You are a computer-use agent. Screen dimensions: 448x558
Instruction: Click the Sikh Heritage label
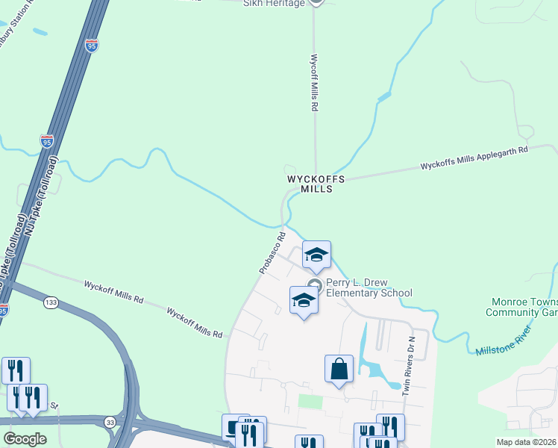point(275,4)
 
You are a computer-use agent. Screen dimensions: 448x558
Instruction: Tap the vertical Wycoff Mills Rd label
point(315,82)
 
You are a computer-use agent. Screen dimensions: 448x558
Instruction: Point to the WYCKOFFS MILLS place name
point(316,184)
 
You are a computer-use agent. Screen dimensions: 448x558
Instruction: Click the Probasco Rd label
point(273,252)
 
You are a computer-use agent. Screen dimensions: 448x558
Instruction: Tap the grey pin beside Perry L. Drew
point(315,284)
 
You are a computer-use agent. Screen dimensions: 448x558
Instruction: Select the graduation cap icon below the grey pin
point(304,300)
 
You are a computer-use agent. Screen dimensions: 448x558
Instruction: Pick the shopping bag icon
point(339,368)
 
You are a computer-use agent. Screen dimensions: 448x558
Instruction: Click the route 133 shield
point(51,302)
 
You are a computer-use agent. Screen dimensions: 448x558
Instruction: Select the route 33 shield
point(110,421)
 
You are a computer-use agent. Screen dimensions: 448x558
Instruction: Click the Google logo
point(25,439)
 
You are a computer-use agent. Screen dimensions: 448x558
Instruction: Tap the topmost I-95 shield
point(91,45)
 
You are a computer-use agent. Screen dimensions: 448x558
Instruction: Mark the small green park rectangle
point(310,401)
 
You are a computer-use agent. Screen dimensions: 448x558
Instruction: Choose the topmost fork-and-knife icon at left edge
point(16,370)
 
